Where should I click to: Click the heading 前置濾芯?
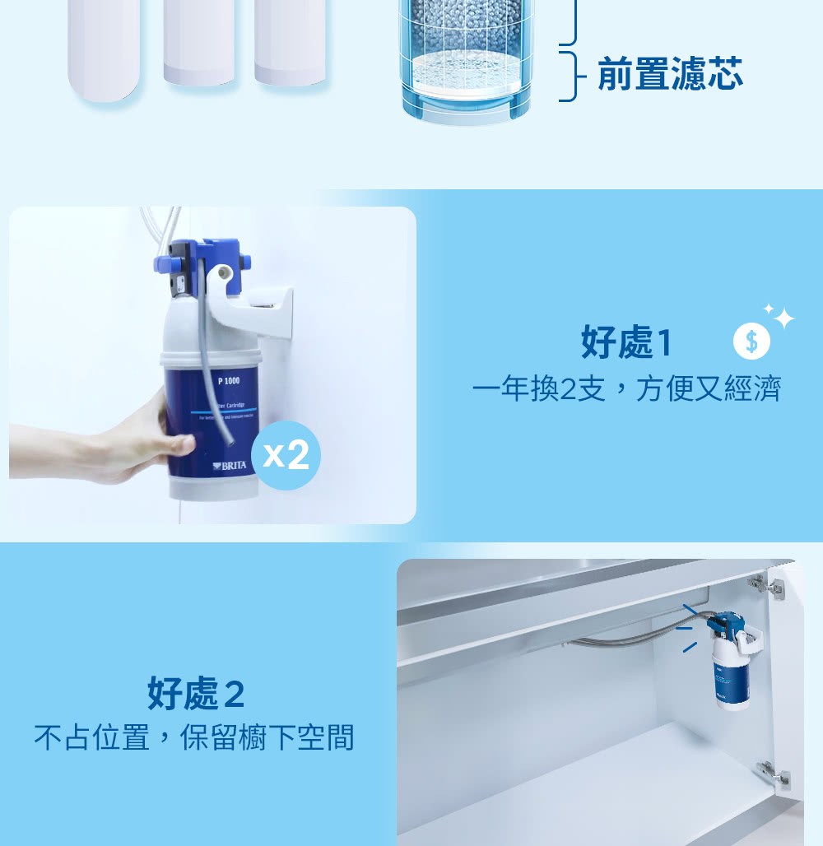pos(670,73)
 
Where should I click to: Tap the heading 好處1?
pos(627,342)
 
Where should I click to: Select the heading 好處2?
pos(197,694)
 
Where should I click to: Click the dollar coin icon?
pos(751,342)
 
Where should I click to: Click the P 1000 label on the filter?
pos(228,380)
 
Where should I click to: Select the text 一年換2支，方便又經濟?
pos(626,388)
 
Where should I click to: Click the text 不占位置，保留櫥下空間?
pos(194,737)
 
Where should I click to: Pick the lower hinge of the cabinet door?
pos(773,774)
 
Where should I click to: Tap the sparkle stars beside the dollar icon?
pos(779,315)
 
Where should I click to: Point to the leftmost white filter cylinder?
pos(104,49)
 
